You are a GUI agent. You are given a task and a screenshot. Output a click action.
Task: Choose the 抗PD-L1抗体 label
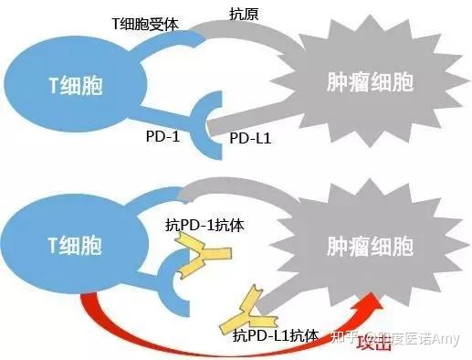pyautogui.click(x=275, y=335)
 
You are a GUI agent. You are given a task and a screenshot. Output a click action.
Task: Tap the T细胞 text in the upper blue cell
pyautogui.click(x=76, y=86)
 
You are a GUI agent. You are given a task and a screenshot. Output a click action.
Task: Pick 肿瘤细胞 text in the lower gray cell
pyautogui.click(x=370, y=246)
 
